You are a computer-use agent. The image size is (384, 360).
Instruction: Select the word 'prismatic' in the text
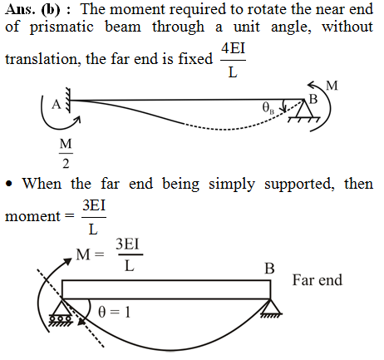click(62, 27)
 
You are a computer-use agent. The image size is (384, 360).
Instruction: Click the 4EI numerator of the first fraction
click(233, 48)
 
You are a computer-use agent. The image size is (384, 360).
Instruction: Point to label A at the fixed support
click(57, 105)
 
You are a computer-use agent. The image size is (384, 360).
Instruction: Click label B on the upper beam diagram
click(313, 99)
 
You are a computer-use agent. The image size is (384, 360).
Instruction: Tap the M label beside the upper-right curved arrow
click(332, 86)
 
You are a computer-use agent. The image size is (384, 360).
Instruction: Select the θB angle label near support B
click(268, 108)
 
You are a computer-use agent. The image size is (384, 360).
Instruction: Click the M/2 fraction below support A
click(66, 153)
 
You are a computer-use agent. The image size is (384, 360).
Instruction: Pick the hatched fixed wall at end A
click(67, 101)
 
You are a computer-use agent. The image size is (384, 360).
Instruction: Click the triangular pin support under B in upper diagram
click(304, 111)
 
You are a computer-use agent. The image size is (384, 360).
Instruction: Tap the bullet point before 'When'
click(9, 184)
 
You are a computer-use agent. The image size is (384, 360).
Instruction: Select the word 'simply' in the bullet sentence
click(232, 184)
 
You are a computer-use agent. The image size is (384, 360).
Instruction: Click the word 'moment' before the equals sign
click(32, 216)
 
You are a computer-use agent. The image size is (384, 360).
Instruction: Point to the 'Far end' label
click(318, 280)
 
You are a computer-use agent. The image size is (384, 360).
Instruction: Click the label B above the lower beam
click(269, 269)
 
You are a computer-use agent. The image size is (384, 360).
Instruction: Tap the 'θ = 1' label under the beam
click(114, 313)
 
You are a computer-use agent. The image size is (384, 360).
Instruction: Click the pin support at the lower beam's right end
click(271, 308)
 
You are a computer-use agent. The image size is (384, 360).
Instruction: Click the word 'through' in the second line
click(178, 27)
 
